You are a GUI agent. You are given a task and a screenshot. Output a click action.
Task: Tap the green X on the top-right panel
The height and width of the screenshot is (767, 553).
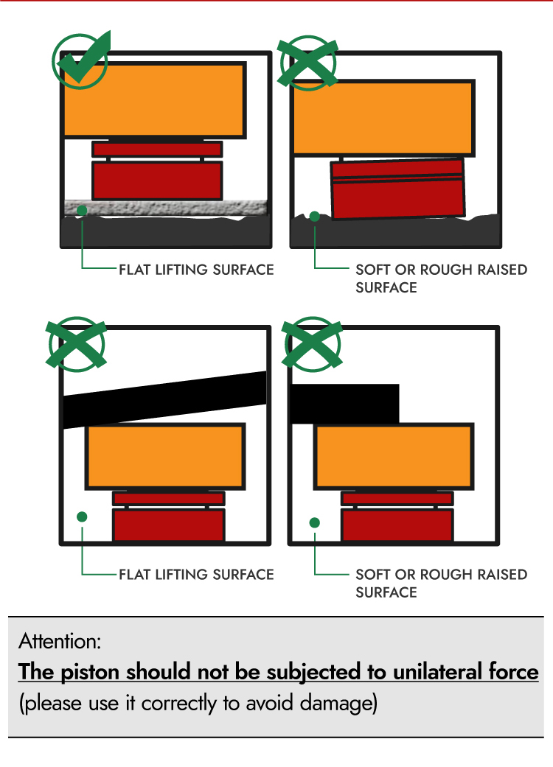point(307,63)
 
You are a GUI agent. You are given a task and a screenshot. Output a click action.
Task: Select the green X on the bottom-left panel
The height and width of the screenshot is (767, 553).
point(77,344)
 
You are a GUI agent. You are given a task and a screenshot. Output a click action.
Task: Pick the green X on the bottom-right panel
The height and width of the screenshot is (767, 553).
point(312,344)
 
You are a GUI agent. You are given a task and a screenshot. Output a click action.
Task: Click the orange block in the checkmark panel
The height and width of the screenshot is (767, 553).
point(155,99)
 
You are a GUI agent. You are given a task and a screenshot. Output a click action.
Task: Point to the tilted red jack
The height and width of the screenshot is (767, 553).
point(397,189)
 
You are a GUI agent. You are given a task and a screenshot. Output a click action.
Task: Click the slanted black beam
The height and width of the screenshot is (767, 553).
point(165,399)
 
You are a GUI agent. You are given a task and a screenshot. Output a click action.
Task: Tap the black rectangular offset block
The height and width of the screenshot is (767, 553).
point(345,404)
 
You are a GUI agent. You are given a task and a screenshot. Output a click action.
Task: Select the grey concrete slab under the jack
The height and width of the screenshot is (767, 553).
point(166,208)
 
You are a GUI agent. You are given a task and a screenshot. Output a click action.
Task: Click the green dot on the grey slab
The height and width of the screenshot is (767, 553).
point(83,210)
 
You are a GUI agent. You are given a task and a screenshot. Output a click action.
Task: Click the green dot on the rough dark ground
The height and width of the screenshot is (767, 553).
point(315,216)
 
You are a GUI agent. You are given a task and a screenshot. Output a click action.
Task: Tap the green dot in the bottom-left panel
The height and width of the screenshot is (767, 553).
point(83,516)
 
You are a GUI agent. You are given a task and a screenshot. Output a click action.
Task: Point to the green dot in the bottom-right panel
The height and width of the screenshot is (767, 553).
point(315,522)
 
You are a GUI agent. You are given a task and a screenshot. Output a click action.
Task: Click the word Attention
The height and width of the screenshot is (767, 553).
point(60,641)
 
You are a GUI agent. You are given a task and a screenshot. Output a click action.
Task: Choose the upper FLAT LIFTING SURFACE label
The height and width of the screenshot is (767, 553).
point(196,270)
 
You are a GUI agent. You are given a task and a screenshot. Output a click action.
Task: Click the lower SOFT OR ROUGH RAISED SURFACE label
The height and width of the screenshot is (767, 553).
point(442,583)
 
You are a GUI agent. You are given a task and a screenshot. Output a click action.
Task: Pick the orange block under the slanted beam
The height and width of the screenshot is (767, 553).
point(165,457)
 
